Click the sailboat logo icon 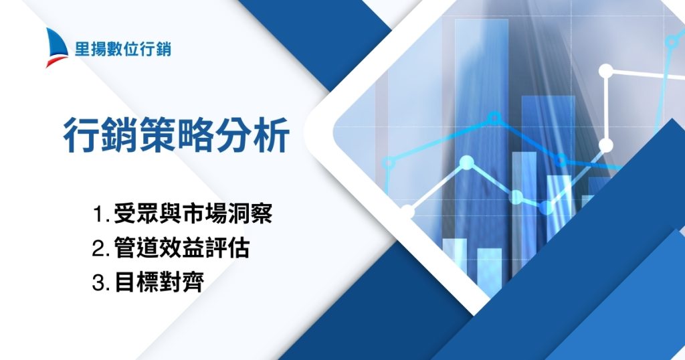click(x=57, y=48)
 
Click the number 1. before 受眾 click(x=102, y=216)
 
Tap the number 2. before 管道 click(x=101, y=249)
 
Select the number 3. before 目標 click(x=101, y=282)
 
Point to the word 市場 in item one click(x=210, y=215)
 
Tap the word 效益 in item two click(x=178, y=248)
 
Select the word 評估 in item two click(x=225, y=248)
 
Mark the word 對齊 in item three click(x=179, y=281)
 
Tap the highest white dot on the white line click(x=606, y=70)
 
